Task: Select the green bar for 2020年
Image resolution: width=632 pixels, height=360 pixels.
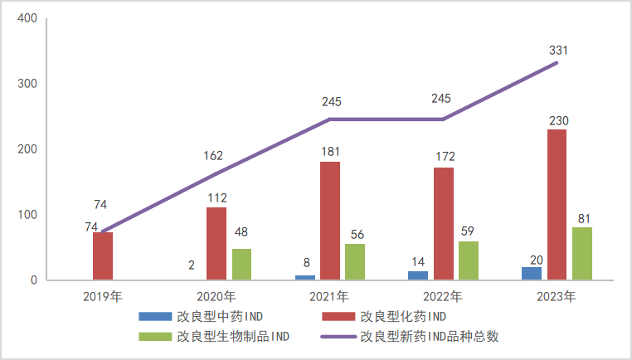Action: pyautogui.click(x=241, y=264)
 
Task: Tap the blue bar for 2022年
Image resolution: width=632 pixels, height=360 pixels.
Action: pyautogui.click(x=418, y=275)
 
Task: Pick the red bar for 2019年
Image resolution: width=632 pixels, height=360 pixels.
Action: pyautogui.click(x=103, y=255)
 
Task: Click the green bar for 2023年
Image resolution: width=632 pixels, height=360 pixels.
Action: pyautogui.click(x=582, y=253)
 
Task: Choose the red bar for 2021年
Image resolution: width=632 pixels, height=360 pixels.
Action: pyautogui.click(x=330, y=221)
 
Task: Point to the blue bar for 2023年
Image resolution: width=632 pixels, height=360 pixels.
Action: pyautogui.click(x=532, y=273)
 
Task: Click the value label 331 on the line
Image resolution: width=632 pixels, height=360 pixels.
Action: pyautogui.click(x=557, y=51)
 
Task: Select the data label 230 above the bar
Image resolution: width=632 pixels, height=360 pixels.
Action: pyautogui.click(x=557, y=120)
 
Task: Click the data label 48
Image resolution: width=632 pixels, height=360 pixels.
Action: pyautogui.click(x=241, y=234)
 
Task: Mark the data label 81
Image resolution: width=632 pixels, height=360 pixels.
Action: pyautogui.click(x=582, y=218)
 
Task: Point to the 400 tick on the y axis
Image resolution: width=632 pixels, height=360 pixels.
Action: pyautogui.click(x=27, y=18)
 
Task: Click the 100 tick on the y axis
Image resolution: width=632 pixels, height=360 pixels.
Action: pyautogui.click(x=27, y=215)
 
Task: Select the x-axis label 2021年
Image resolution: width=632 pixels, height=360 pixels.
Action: pyautogui.click(x=330, y=296)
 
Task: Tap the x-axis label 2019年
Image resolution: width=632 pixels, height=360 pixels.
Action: pyautogui.click(x=103, y=296)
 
